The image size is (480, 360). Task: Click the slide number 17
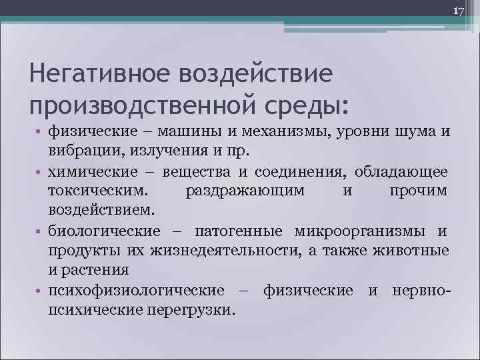coord(459,11)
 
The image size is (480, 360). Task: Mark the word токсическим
coord(90,191)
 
